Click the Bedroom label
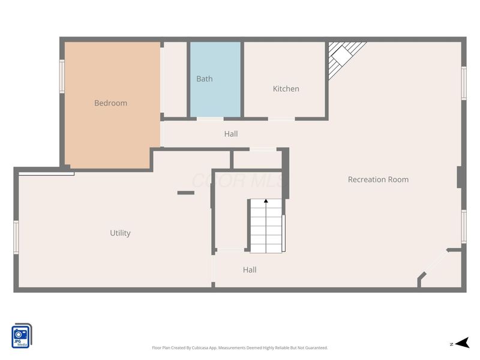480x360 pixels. pos(110,103)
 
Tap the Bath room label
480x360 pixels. pos(204,79)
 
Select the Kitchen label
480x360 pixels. pos(286,89)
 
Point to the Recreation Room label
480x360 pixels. pos(378,179)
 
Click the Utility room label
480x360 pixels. pos(120,233)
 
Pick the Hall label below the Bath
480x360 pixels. pos(231,134)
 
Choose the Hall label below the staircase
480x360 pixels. pos(250,270)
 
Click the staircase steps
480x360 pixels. pos(266,228)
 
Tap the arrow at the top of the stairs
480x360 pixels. pos(266,203)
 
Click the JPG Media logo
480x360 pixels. pos(22,336)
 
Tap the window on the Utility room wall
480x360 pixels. pos(16,237)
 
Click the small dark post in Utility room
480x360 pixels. pos(186,193)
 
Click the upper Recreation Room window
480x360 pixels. pos(463,82)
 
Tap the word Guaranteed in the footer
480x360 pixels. pos(316,348)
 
